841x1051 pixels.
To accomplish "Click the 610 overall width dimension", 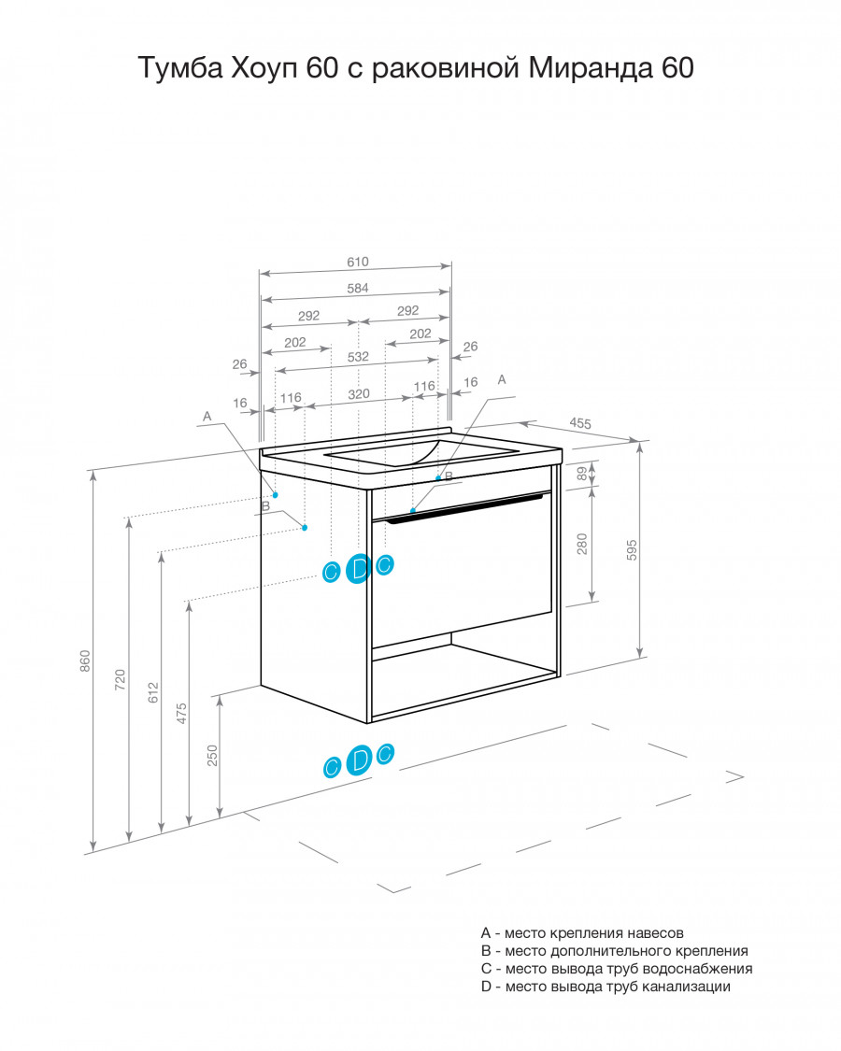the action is pos(358,263).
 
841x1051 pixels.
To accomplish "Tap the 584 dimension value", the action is pos(358,289).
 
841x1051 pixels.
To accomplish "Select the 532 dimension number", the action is pos(358,357).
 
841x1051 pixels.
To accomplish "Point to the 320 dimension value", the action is pos(359,394).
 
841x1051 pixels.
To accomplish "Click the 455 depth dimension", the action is pos(580,423).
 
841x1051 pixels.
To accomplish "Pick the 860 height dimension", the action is pos(85,660).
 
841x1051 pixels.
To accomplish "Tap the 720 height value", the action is pos(120,680).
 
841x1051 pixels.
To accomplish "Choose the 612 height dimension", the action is pos(153,692).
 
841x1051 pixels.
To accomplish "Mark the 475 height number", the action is pos(181,713).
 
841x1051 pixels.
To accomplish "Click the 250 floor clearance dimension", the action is pos(213,756).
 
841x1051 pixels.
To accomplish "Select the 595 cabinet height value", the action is pos(632,549).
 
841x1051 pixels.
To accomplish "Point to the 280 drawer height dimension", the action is pos(582,544).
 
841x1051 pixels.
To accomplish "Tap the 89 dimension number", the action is pos(582,474).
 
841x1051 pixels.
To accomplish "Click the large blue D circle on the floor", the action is pos(360,760).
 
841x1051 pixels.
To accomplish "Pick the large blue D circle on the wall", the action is pos(360,569).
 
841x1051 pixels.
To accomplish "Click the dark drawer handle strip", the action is pos(463,506).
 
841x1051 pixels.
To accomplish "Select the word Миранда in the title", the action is pos(591,67).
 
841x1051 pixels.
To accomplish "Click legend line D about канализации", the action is pos(606,987).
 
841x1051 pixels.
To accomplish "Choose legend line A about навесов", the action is pos(582,933).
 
